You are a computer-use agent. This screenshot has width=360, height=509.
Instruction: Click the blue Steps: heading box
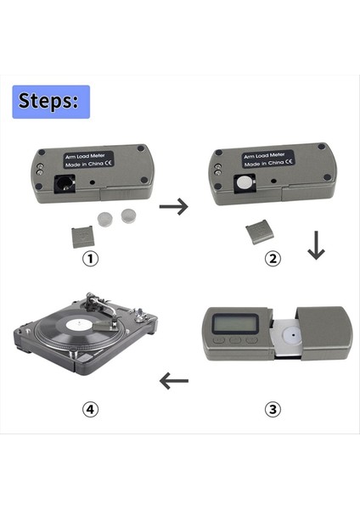point(51,102)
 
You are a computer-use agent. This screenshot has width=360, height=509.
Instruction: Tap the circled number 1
point(90,259)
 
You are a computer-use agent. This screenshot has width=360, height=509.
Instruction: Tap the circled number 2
point(273,259)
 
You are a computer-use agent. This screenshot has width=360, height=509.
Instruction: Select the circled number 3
point(273,409)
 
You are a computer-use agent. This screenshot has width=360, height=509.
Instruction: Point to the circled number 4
point(90,409)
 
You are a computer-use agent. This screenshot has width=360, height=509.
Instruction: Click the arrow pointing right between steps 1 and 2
point(174,206)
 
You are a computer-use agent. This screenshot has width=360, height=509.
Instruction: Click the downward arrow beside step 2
point(316,245)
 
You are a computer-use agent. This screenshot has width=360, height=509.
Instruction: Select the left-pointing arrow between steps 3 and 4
point(174,380)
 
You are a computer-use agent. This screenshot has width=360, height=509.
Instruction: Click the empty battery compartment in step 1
point(65,184)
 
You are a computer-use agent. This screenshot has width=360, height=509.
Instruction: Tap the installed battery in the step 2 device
point(244,183)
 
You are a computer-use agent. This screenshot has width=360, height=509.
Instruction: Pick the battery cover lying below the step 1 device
point(83,238)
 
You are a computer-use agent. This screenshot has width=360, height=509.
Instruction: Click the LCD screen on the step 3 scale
point(235,324)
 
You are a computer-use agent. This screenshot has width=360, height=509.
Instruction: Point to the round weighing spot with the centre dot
point(293,336)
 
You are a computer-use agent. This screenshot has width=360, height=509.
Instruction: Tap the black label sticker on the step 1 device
point(88,159)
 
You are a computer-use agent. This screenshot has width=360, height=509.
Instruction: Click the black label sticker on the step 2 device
point(268,159)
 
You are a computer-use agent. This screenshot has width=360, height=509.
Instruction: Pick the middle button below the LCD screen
point(235,340)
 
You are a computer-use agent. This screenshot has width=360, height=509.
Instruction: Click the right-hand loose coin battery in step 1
point(128,215)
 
